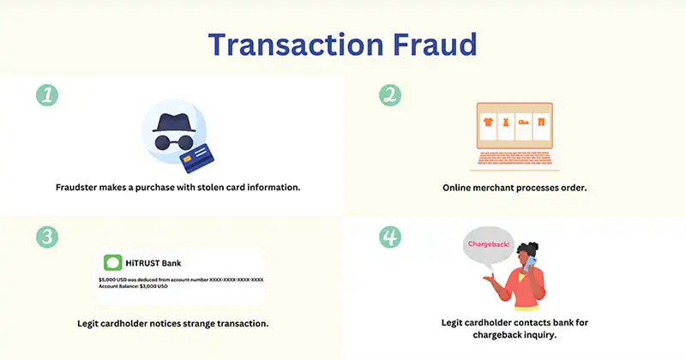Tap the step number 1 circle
click(x=47, y=95)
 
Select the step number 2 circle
click(x=390, y=95)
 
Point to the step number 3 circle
click(x=47, y=237)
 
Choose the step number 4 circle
click(x=390, y=237)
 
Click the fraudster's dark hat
click(x=174, y=123)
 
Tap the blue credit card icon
click(x=197, y=159)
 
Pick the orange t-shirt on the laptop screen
click(x=488, y=122)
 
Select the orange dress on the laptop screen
click(x=506, y=122)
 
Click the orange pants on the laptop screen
click(x=541, y=122)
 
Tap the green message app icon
click(x=112, y=263)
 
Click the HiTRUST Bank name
click(x=153, y=263)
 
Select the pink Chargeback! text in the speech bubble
click(x=489, y=244)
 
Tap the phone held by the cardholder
click(x=531, y=262)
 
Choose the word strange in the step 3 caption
click(x=199, y=324)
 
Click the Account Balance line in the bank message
click(x=133, y=286)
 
